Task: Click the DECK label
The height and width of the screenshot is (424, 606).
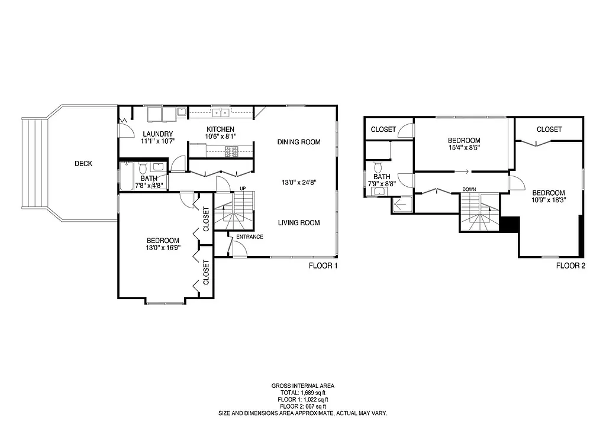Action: click(83, 164)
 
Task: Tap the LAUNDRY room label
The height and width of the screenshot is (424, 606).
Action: click(157, 134)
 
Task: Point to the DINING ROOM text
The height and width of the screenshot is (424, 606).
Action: click(299, 142)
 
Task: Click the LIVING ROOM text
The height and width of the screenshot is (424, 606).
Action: click(299, 223)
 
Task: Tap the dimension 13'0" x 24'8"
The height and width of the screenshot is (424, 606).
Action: click(301, 183)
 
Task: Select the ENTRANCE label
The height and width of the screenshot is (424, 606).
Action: click(250, 237)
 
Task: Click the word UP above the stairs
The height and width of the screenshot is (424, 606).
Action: click(242, 189)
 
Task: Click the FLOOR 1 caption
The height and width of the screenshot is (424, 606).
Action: click(323, 266)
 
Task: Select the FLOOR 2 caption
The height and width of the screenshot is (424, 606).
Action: click(570, 266)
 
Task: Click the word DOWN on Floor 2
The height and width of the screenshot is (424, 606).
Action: click(469, 190)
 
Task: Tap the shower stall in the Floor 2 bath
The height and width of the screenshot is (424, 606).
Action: click(402, 205)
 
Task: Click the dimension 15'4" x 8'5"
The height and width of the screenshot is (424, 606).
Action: click(464, 148)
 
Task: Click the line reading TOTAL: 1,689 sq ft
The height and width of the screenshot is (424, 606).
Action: click(302, 393)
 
